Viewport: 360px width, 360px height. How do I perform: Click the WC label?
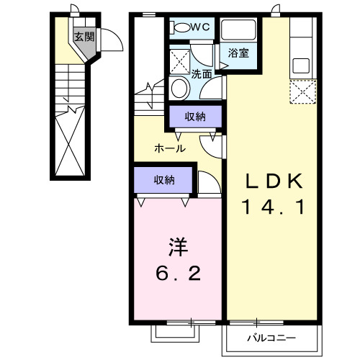pos(200,27)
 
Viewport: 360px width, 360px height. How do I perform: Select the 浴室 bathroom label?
pos(239,53)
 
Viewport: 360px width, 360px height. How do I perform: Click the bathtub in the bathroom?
pos(238,30)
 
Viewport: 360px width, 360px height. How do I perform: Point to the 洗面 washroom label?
pos(201,73)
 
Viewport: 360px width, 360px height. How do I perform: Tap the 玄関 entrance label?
pos(84,37)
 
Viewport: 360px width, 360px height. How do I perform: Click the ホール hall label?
pos(171,149)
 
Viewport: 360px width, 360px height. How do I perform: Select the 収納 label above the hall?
pos(194,117)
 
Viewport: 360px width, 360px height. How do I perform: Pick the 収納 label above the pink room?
pos(163,180)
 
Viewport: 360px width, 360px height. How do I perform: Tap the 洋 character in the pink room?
pos(177,247)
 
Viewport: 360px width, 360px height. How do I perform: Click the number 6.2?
pos(177,274)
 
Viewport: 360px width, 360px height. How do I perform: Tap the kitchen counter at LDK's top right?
pos(301,47)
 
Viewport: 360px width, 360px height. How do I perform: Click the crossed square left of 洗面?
pos(181,59)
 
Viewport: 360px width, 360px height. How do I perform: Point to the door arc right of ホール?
pos(213,145)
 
